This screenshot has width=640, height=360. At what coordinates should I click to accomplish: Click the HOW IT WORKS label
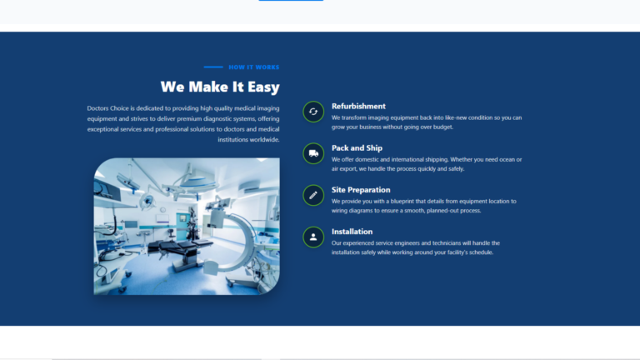click(254, 67)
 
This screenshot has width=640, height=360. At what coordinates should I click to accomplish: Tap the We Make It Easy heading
click(220, 87)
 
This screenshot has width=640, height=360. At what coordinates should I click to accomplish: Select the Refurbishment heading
click(358, 106)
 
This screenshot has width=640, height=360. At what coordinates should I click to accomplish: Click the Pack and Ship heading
click(357, 148)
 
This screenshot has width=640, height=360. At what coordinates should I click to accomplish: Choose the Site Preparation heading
click(361, 190)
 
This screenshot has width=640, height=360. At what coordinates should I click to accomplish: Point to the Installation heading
click(352, 232)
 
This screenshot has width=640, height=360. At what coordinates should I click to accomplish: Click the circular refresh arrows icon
click(313, 112)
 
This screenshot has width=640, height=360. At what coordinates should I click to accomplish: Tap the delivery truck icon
click(313, 153)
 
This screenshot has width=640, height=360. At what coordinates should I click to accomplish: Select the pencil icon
click(313, 195)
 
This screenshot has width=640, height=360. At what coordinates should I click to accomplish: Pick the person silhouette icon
click(313, 237)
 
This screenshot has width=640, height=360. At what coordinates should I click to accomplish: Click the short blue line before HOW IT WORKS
click(213, 67)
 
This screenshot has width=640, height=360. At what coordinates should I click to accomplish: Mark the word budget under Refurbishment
click(442, 127)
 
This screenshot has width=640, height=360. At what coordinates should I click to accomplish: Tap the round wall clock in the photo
click(162, 210)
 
